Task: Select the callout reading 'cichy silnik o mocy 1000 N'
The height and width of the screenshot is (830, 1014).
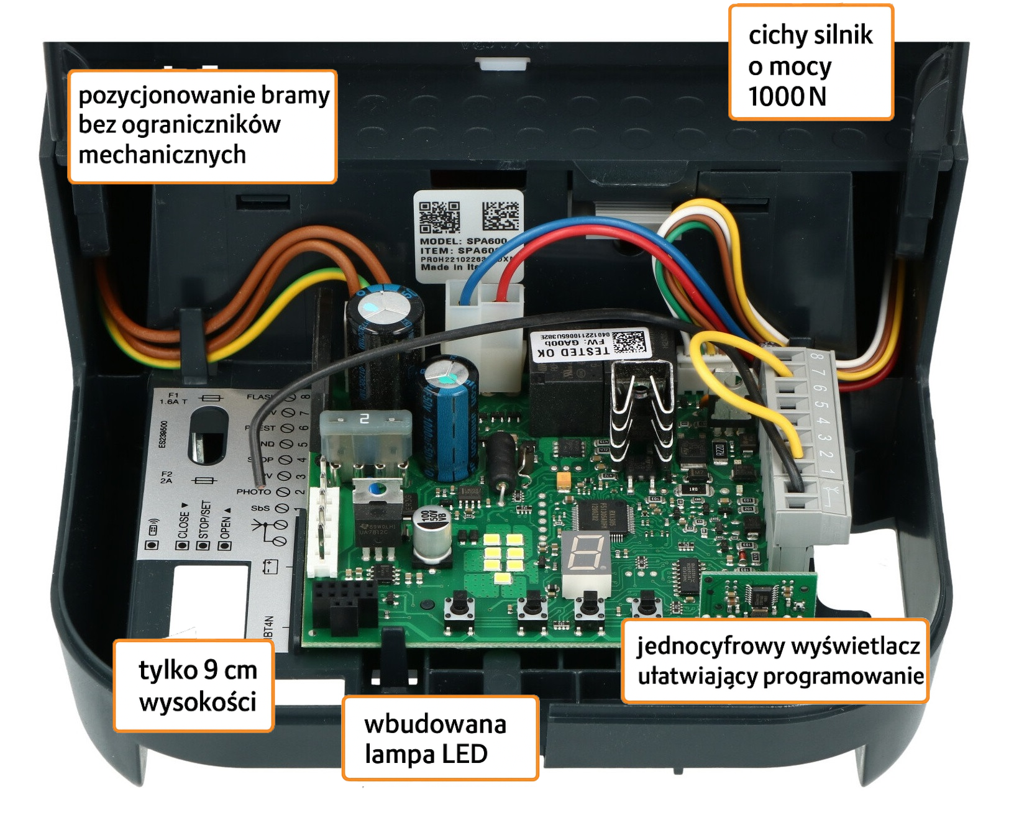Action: pos(810,63)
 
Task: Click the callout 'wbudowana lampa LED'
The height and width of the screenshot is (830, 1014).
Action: pos(440,738)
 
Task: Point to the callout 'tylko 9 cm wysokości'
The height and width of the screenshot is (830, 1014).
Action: pos(194,686)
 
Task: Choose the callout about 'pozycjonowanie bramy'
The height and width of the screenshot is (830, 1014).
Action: pos(203,125)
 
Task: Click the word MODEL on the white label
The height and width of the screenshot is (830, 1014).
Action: pos(441,241)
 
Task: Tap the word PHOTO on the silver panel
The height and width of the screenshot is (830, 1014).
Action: pos(253,491)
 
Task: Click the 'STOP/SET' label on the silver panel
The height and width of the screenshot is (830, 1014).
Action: pos(205,519)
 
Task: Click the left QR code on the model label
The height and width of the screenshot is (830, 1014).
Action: pos(440,217)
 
